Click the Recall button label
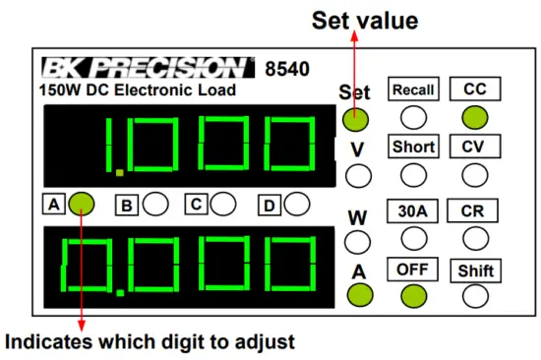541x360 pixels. click(413, 90)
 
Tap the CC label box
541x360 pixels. click(474, 90)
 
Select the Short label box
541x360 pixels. click(413, 147)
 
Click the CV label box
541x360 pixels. click(474, 147)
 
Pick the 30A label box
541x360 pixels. click(413, 210)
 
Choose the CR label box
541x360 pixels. click(474, 210)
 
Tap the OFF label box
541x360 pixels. click(413, 268)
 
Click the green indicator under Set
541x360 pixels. click(355, 119)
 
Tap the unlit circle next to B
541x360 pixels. click(155, 205)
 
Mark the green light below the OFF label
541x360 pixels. click(413, 294)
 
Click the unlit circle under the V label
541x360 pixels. click(355, 176)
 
